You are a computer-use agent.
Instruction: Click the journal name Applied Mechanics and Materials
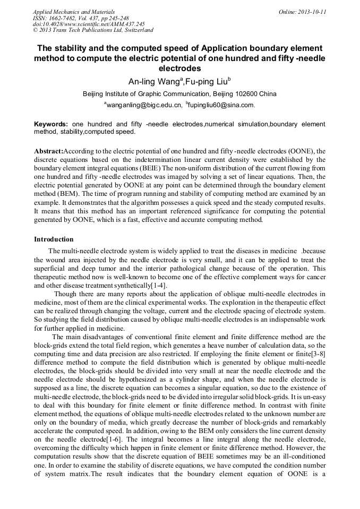[74, 11]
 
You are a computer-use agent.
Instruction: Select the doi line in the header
[89, 24]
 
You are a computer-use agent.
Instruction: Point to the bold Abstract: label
[48, 151]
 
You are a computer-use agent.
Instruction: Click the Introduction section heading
[54, 239]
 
